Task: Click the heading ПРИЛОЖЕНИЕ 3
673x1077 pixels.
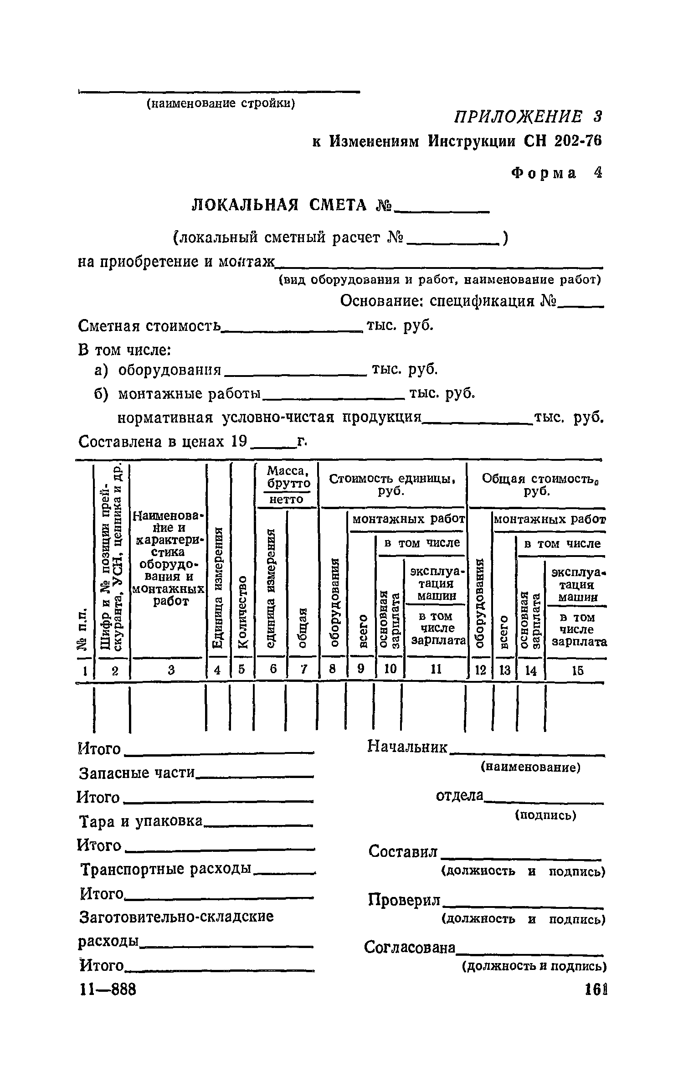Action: [x=527, y=117]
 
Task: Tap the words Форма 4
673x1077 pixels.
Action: [x=556, y=173]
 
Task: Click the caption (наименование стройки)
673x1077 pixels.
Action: [x=221, y=103]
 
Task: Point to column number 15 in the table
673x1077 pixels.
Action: [x=576, y=670]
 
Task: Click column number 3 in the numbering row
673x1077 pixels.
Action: [x=171, y=670]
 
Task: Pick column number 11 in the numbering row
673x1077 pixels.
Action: [x=436, y=669]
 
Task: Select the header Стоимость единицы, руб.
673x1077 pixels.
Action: [x=392, y=485]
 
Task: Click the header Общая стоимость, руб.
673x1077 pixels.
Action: [x=539, y=485]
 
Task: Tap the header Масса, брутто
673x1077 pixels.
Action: [x=288, y=476]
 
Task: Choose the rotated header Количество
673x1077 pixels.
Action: [x=242, y=611]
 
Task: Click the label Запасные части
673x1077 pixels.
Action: [x=137, y=773]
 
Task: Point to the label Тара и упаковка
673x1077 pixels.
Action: [x=141, y=821]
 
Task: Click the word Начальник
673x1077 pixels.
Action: [x=407, y=747]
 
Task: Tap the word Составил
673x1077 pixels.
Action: [x=403, y=851]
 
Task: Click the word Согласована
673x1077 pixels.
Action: [x=410, y=948]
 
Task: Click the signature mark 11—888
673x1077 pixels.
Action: [x=108, y=989]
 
